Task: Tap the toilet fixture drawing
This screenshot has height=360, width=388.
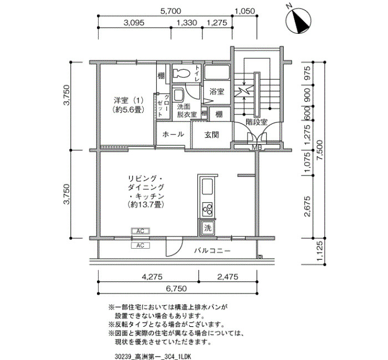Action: (181, 73)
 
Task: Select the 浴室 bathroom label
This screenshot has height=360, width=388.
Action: (217, 92)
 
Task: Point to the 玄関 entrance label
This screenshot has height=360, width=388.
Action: (212, 135)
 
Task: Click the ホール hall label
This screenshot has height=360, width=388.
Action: (173, 134)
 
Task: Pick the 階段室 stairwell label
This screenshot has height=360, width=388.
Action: (257, 122)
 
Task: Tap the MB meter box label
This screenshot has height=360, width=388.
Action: (257, 148)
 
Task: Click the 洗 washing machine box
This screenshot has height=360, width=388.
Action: (207, 228)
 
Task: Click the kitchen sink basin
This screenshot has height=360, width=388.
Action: (207, 187)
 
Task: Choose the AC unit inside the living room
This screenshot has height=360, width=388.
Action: (140, 231)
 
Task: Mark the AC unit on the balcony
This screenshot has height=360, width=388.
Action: (140, 245)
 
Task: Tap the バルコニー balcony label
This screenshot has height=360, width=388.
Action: (212, 251)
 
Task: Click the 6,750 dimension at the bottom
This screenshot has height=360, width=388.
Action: (176, 289)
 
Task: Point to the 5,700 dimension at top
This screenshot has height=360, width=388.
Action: (171, 11)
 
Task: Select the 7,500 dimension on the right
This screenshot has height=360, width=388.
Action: (320, 151)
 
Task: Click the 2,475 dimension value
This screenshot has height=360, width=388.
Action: (228, 276)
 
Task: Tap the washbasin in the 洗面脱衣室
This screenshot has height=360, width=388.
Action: (178, 95)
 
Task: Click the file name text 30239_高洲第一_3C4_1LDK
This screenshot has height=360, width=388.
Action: (153, 357)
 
